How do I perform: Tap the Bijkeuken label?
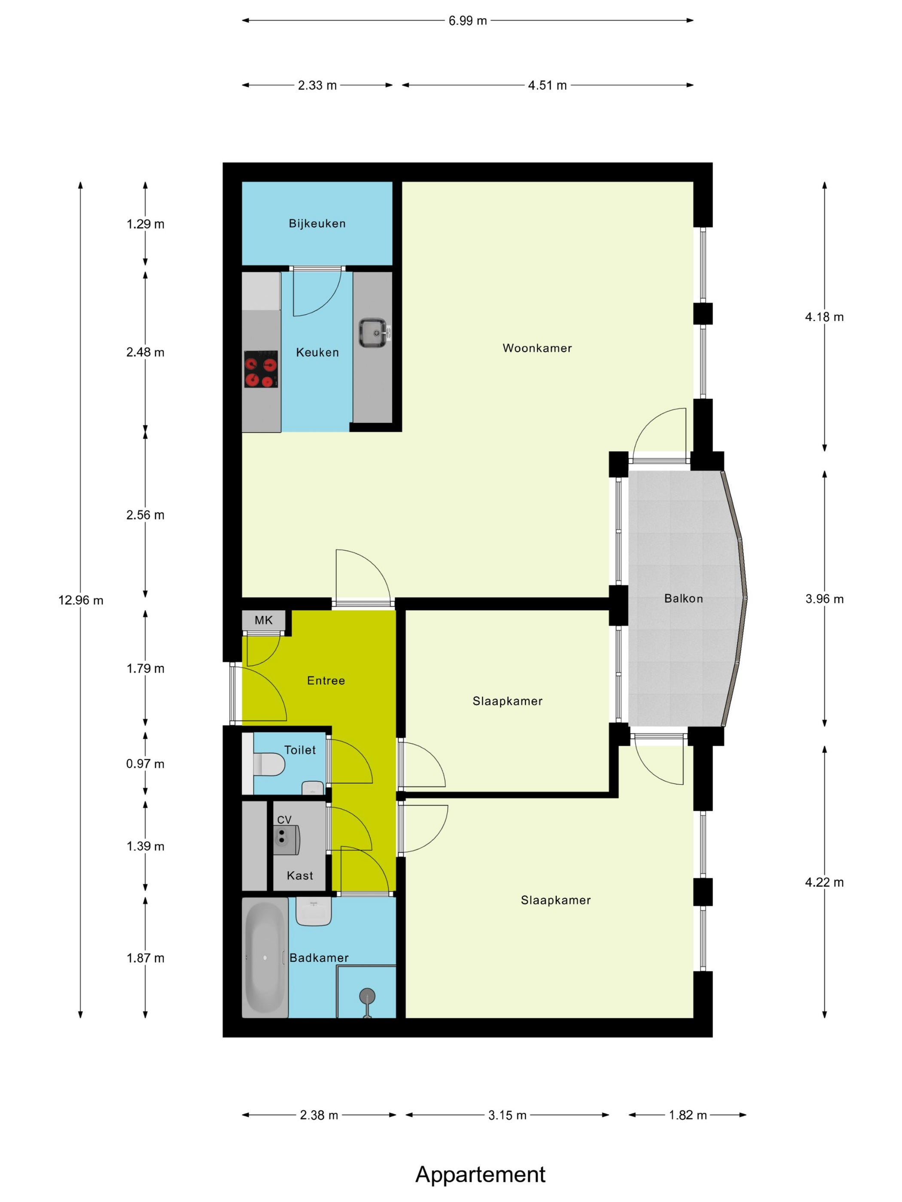point(317,223)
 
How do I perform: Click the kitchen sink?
point(374,333)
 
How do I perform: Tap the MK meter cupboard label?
point(264,620)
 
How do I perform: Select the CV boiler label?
point(284,820)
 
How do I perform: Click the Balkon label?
point(683,598)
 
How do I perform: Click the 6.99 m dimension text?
point(468,21)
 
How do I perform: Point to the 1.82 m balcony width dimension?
point(688,1115)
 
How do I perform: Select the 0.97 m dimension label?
point(145,763)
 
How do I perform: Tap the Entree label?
point(326,680)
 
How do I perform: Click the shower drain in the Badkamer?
point(368,995)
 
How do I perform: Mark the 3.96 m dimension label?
point(824,599)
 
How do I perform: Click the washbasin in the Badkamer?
point(314,911)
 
